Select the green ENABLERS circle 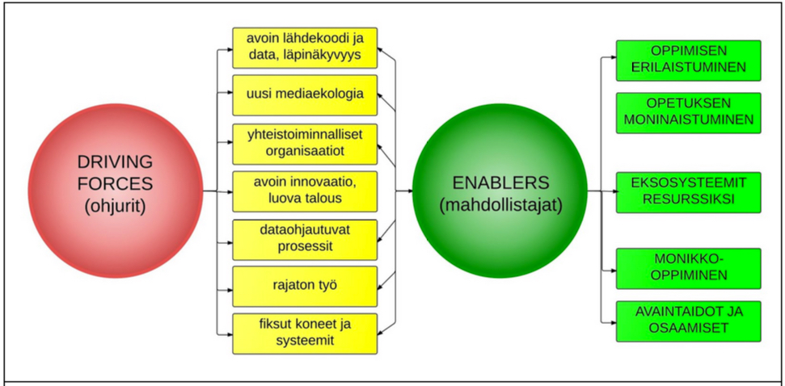click(500, 191)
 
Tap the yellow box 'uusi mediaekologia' click(306, 95)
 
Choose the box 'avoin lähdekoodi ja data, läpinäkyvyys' click(306, 48)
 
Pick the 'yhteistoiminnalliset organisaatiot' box click(306, 143)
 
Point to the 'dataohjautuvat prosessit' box click(306, 238)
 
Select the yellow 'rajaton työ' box click(306, 286)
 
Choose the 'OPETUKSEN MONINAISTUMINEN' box click(688, 112)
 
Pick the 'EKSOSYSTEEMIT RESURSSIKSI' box click(688, 191)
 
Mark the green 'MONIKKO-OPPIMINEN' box click(688, 268)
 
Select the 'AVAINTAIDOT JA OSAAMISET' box click(688, 321)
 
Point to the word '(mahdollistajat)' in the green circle click(500, 205)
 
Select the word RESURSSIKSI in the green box click(688, 199)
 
